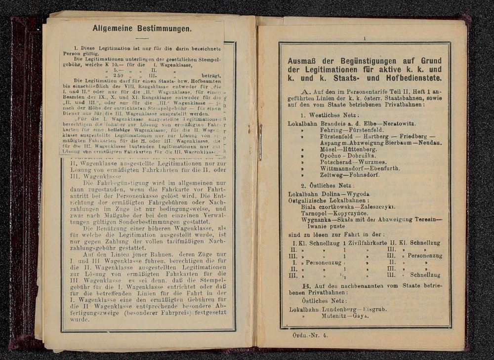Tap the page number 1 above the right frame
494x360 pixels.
pos(364,38)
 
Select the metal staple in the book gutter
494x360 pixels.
pos(260,142)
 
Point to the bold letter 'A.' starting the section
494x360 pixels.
pos(304,92)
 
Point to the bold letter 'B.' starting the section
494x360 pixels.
pos(306,285)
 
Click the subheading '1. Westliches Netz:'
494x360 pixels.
pos(326,114)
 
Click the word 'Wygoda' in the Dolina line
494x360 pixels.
pos(363,194)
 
